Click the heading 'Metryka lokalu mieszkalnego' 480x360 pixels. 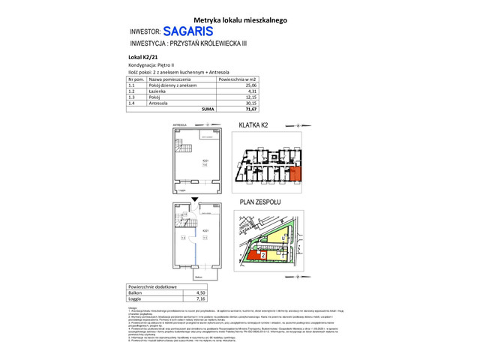pos(240,20)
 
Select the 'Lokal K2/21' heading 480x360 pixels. pos(142,57)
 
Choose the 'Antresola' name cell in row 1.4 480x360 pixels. pos(159,103)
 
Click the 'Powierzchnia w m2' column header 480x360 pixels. pos(238,79)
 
